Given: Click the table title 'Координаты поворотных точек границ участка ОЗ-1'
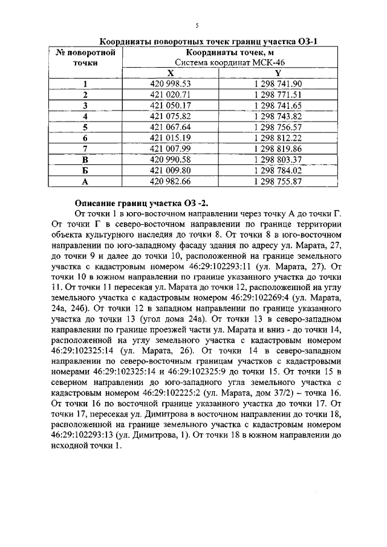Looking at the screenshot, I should pyautogui.click(x=208, y=41).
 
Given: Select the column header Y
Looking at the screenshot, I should pyautogui.click(x=278, y=73).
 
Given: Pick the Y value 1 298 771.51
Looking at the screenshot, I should pyautogui.click(x=278, y=95).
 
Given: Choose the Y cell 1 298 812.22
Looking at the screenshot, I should pyautogui.click(x=278, y=137).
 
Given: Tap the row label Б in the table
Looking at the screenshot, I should pyautogui.click(x=85, y=170).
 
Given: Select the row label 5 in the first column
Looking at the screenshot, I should pyautogui.click(x=85, y=127).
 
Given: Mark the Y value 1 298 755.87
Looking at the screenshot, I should pyautogui.click(x=278, y=181).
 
